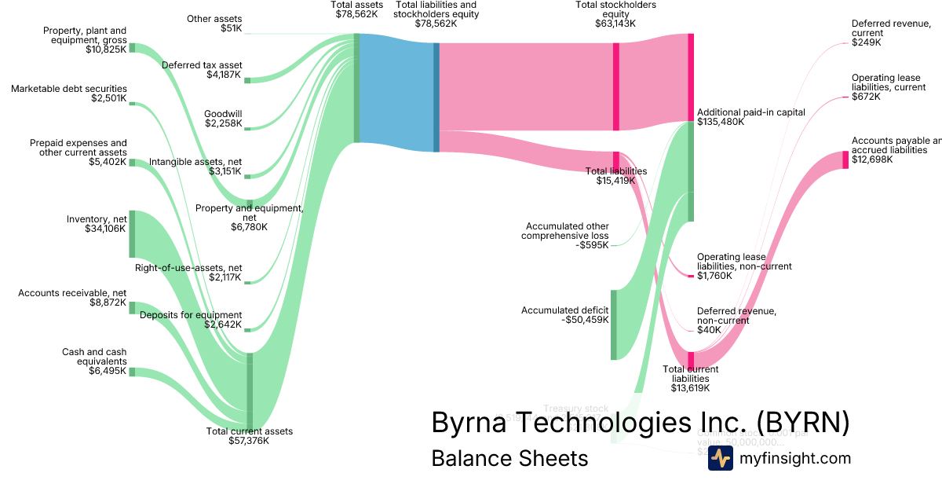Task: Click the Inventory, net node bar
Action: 132,233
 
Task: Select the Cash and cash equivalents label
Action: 94,361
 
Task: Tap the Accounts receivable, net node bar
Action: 132,307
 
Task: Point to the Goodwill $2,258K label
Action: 223,119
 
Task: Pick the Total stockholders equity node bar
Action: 616,86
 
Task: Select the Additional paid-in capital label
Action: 750,117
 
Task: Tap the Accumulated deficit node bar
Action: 614,324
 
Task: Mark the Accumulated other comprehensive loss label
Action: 567,236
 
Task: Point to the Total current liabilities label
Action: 690,378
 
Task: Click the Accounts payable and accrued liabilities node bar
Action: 845,159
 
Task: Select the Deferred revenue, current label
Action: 890,33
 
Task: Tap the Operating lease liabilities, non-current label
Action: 743,266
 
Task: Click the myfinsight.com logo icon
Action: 720,458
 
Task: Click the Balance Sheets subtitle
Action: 509,458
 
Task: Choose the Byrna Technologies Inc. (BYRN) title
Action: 640,422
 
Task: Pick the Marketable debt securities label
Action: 68,93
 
